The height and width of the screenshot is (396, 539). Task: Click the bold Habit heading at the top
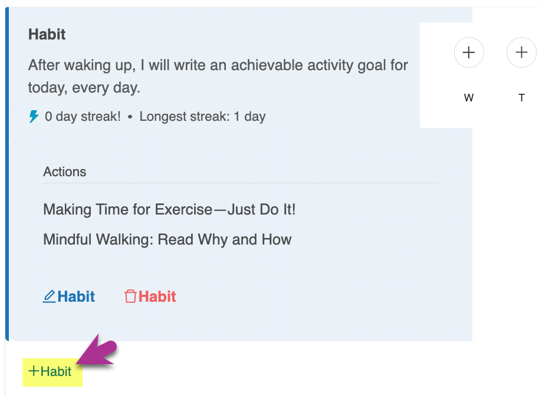click(x=47, y=34)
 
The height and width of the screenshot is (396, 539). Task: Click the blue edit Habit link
click(x=69, y=296)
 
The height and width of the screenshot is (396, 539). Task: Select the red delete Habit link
click(x=150, y=296)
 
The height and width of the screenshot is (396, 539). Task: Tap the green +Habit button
click(x=50, y=371)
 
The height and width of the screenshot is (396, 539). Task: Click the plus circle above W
click(x=469, y=52)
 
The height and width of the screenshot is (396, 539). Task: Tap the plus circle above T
click(x=521, y=52)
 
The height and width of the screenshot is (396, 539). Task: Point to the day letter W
click(x=469, y=98)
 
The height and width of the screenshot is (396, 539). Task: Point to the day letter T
click(x=521, y=98)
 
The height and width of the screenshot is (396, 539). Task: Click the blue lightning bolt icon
click(x=34, y=117)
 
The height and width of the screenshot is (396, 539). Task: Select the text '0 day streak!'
click(x=83, y=117)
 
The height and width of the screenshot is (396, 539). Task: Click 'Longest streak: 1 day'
click(x=202, y=117)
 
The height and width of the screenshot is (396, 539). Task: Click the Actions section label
click(x=65, y=171)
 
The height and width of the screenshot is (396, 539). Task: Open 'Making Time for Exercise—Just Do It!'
click(x=169, y=209)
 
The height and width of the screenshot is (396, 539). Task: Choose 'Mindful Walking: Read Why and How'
click(x=167, y=239)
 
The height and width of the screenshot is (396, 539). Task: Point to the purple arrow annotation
click(x=97, y=351)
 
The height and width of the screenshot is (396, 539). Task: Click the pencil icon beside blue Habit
click(x=49, y=296)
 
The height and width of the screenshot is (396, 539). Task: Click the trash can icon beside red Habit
click(x=130, y=296)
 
